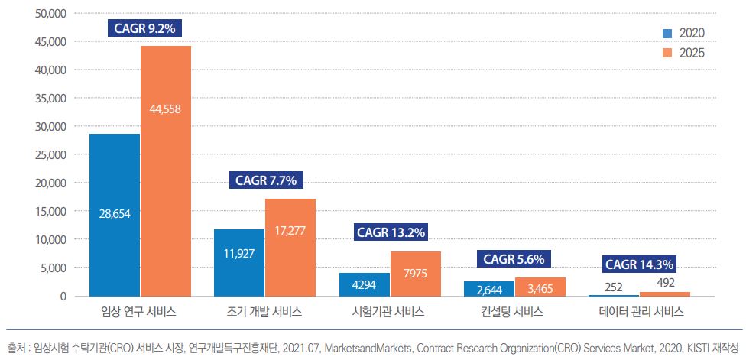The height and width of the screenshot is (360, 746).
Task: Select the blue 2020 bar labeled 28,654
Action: point(115,215)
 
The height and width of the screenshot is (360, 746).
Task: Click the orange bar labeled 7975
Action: point(416,274)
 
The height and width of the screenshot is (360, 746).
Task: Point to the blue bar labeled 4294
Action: point(365,284)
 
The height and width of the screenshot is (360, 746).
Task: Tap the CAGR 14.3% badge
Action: point(639,264)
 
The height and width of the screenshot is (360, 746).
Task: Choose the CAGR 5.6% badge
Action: point(514,259)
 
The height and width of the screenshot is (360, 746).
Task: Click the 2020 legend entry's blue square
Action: point(667,33)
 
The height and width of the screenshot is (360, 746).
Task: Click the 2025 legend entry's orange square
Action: point(667,53)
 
